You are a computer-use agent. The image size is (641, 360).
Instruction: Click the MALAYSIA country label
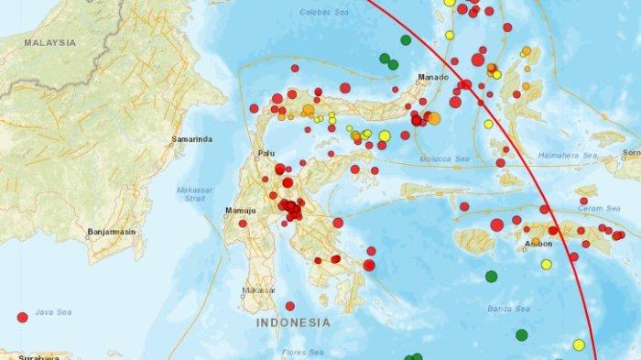pyautogui.click(x=49, y=42)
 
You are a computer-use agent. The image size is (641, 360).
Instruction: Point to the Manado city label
pyautogui.click(x=430, y=78)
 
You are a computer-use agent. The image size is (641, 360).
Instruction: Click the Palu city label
pyautogui.click(x=266, y=154)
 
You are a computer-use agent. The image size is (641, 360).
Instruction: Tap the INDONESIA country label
pyautogui.click(x=292, y=323)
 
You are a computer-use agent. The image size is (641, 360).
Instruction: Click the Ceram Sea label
pyautogui.click(x=601, y=209)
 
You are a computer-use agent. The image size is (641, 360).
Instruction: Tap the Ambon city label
pyautogui.click(x=540, y=243)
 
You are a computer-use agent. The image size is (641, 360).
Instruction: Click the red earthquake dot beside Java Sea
pyautogui.click(x=22, y=317)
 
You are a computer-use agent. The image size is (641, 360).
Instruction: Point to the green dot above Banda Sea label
pyautogui.click(x=492, y=276)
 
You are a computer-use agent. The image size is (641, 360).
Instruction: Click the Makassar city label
pyautogui.click(x=256, y=290)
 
